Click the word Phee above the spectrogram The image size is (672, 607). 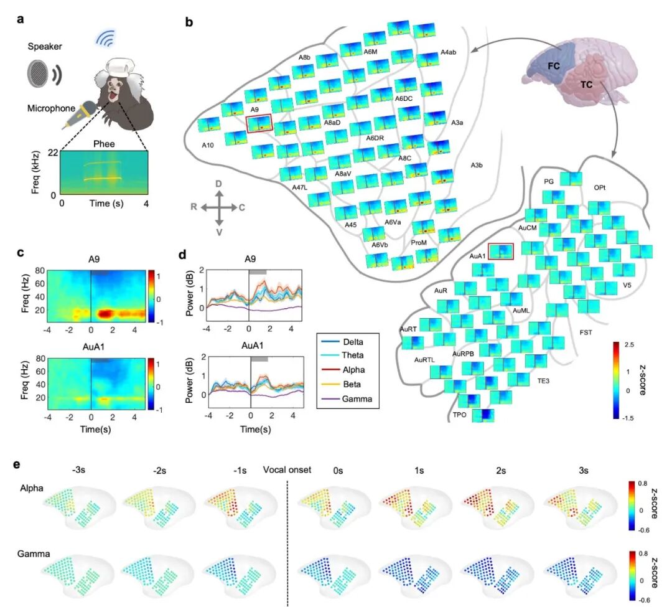click(x=104, y=144)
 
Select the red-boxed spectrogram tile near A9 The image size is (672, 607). click(x=259, y=123)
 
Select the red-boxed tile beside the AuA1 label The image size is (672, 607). click(x=501, y=251)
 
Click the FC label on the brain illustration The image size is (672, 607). click(x=554, y=66)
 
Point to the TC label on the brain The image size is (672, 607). click(x=586, y=85)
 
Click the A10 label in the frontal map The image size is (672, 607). click(x=208, y=145)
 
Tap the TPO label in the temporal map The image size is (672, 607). click(x=459, y=415)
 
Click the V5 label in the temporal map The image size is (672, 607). click(x=627, y=285)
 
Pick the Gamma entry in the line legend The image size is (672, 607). click(x=347, y=398)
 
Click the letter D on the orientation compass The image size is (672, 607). click(x=218, y=184)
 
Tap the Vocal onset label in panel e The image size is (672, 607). click(x=287, y=470)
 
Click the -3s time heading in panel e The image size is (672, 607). click(x=78, y=470)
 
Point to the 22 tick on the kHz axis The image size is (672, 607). click(x=53, y=153)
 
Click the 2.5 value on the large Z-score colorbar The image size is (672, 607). click(x=629, y=345)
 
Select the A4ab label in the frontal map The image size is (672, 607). click(x=448, y=52)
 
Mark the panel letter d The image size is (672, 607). click(x=182, y=255)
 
